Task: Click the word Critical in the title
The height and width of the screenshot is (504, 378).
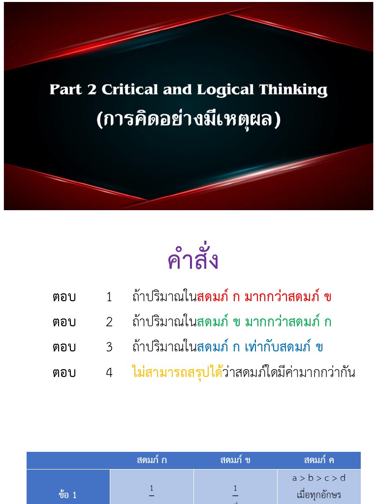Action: pos(130,90)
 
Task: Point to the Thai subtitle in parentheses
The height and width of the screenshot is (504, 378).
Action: pos(189,120)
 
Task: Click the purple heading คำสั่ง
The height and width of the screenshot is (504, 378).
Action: pos(192,260)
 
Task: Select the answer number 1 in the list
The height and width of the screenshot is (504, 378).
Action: pos(109,297)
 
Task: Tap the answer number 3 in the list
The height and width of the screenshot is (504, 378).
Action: pos(109,347)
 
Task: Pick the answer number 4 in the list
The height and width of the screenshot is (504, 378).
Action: pos(109,373)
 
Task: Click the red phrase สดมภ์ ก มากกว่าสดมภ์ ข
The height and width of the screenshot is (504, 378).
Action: pos(264,297)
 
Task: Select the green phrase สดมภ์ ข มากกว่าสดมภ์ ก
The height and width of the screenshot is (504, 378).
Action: pos(264,322)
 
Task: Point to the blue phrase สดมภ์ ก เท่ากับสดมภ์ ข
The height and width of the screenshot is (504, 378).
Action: pos(260,347)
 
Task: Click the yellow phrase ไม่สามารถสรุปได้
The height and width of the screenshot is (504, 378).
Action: pos(177,373)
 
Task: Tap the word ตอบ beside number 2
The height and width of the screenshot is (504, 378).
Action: pos(64,322)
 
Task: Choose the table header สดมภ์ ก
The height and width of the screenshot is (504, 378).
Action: pos(152,461)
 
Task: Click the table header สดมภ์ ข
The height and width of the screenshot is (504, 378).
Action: pos(235,461)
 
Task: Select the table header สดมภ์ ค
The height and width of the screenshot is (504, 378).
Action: pos(319,461)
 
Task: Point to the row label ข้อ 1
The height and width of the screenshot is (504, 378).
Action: pos(68,495)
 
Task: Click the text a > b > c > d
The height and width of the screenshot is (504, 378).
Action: pos(319,478)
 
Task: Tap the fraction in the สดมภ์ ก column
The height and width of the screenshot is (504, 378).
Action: pos(152,492)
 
